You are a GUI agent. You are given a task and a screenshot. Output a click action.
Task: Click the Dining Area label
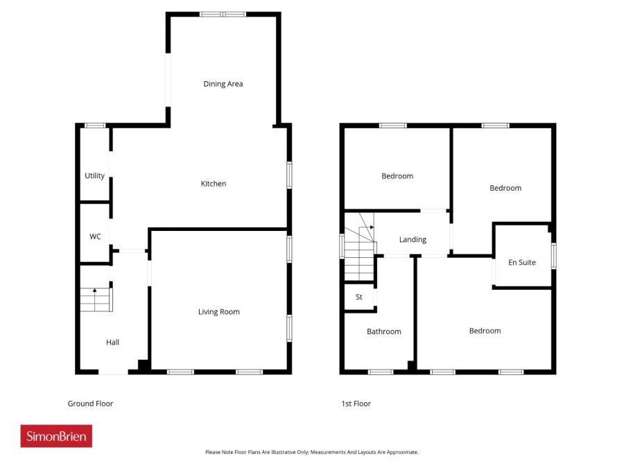[x=223, y=84]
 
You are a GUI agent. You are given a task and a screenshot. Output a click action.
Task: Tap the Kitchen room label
[x=214, y=184]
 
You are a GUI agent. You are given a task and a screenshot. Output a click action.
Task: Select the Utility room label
[x=95, y=175]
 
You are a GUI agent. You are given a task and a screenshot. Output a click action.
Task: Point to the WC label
[x=95, y=236]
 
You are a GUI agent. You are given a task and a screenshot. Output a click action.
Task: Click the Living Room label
[x=219, y=312]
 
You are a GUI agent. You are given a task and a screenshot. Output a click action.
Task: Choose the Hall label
[x=112, y=342]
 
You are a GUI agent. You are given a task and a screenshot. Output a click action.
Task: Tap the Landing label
[x=413, y=240]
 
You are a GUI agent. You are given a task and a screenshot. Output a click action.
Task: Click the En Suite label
[x=522, y=262]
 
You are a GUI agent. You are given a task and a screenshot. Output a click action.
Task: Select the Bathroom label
[x=384, y=331]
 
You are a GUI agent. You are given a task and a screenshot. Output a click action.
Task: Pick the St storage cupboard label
[x=359, y=297]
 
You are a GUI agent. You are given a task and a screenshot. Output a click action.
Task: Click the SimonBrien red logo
[x=56, y=436]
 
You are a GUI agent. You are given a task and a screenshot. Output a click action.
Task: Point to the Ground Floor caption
[x=90, y=404]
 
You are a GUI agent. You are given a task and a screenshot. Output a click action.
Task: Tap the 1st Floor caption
[x=356, y=404]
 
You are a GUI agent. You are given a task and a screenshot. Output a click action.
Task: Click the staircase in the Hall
[x=96, y=299]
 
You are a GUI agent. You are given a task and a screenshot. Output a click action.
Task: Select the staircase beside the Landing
[x=359, y=250]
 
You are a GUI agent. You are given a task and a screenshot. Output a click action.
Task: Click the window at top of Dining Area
[x=223, y=14]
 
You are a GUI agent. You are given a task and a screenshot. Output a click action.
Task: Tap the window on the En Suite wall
[x=553, y=255]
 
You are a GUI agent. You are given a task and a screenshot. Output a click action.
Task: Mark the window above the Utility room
[x=94, y=125]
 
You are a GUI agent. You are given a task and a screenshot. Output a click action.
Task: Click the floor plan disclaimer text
[x=311, y=452]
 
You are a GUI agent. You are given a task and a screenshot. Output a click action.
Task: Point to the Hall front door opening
[x=113, y=372]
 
